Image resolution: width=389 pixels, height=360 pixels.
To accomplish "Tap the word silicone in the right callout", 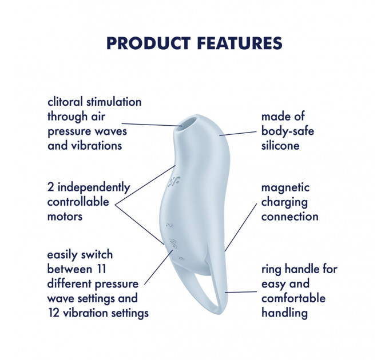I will click(x=280, y=145).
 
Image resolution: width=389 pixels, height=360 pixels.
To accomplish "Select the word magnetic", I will click(x=285, y=187).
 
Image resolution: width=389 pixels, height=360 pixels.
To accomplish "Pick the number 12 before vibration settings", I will click(x=55, y=313).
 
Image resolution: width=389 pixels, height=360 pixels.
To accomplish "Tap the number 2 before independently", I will click(x=51, y=187).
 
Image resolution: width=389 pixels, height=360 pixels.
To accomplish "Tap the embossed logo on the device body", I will click(x=172, y=183).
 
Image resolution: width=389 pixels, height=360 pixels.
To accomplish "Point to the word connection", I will click(x=289, y=217).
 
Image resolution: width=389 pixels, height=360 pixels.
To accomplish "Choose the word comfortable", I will click(x=293, y=298).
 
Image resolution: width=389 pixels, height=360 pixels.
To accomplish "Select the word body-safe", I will click(x=287, y=131).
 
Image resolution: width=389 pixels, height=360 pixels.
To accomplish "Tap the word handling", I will click(x=284, y=313).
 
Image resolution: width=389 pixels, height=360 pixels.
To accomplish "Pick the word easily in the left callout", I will click(x=65, y=254).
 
